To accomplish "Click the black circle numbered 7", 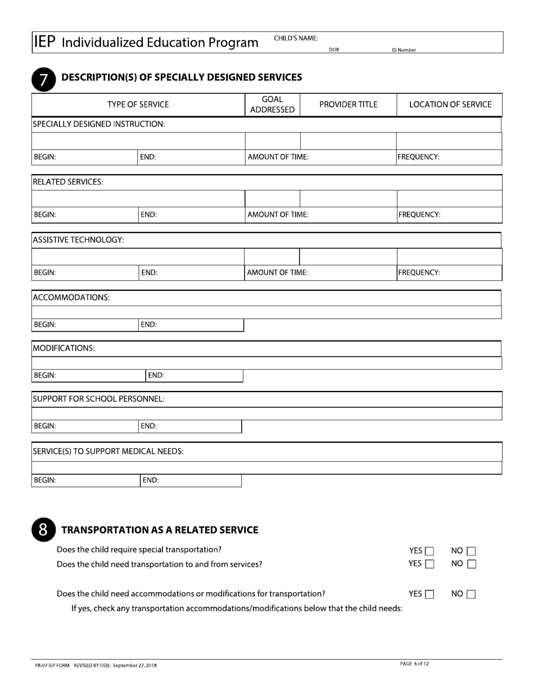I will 43,79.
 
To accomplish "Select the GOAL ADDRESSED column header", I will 272,104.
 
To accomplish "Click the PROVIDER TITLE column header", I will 348,104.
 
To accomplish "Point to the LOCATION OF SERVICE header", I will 450,104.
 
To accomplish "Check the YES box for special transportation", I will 430,552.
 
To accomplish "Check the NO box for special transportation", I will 471,552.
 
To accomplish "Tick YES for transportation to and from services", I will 430,563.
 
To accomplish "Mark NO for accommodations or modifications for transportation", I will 471,594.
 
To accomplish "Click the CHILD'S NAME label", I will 296,38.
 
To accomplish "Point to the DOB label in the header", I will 334,50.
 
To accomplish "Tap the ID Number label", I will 404,50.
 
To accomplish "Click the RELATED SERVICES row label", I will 68,183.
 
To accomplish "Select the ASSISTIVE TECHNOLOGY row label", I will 78,240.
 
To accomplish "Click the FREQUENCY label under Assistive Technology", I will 419,272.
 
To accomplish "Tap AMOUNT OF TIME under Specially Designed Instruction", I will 278,157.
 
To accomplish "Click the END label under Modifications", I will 156,375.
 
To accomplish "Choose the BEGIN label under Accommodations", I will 45,325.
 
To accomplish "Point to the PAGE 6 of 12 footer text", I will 414,664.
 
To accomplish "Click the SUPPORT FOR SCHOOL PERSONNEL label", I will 98,399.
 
